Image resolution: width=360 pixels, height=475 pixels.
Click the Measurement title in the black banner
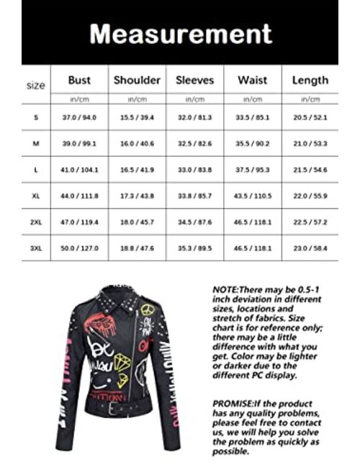[180, 33]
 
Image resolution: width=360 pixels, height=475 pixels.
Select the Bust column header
[79, 81]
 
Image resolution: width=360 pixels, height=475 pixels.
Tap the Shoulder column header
[137, 81]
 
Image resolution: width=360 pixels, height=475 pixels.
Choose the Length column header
[310, 81]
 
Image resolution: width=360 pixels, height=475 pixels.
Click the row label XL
[35, 196]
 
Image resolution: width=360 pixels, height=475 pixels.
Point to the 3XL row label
[35, 248]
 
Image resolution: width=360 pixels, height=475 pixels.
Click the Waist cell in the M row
[252, 144]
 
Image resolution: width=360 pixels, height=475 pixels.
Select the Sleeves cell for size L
[194, 170]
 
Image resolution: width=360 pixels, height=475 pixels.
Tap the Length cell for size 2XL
[310, 222]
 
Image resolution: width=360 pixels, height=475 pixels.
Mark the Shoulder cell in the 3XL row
[137, 248]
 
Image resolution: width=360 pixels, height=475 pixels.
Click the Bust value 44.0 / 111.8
[79, 196]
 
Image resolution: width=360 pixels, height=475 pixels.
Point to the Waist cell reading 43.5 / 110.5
[252, 196]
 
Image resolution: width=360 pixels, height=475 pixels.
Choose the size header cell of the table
[35, 85]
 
